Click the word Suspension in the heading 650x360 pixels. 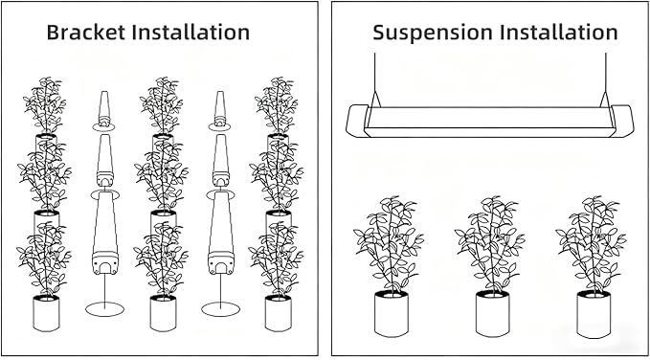433,33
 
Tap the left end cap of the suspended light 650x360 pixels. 357,121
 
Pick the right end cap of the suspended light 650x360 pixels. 622,121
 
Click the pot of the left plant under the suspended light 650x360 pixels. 391,313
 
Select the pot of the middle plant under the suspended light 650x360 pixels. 492,313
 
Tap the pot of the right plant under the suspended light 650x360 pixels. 594,313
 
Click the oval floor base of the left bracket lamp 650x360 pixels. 105,308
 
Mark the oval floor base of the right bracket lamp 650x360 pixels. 220,308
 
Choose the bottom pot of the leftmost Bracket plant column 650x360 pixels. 46,313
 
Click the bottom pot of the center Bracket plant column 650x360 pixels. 163,313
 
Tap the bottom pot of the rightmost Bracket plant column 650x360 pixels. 279,313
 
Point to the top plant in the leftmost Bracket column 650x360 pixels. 45,105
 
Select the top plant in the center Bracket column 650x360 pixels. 162,105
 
